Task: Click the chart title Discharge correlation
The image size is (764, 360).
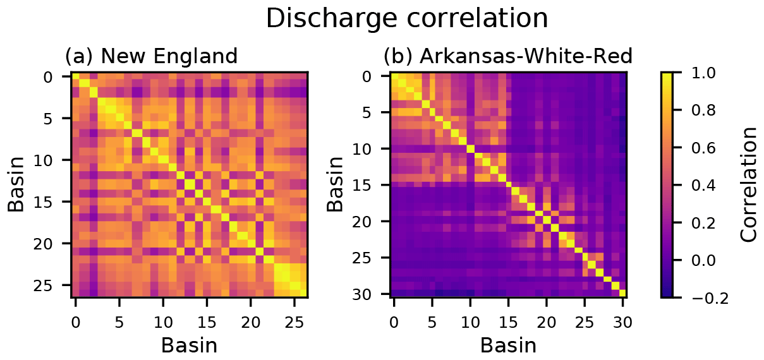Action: (406, 19)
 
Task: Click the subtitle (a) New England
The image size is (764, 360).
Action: (151, 57)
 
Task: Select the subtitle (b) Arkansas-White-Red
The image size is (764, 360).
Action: (507, 57)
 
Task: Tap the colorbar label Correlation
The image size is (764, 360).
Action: (749, 184)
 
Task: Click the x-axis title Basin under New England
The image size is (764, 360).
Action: (189, 345)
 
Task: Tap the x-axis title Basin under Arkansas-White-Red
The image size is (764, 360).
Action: (508, 345)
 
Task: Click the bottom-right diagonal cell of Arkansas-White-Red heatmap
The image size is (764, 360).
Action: (622, 292)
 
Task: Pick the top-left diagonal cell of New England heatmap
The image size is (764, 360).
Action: (75, 76)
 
